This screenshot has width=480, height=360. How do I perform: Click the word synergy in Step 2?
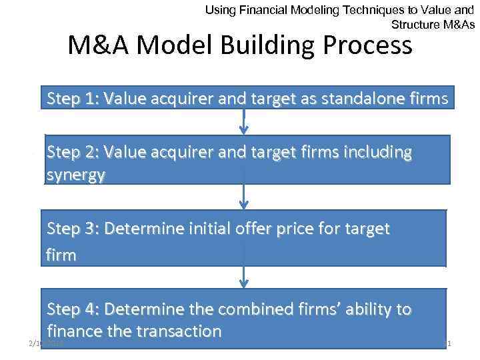coord(75,175)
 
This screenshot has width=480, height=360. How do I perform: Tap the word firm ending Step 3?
coord(61,255)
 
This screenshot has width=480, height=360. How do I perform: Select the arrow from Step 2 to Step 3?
coord(245,197)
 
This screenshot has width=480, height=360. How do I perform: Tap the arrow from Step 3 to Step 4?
coord(245,277)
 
